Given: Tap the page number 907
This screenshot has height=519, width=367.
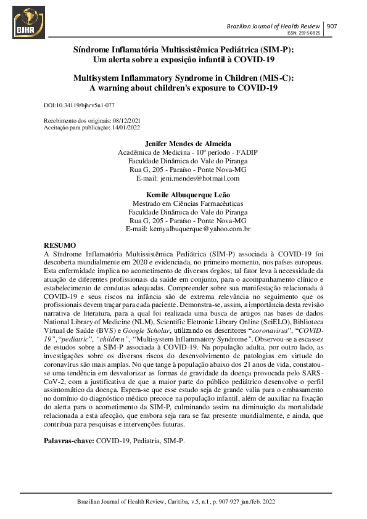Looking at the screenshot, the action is point(331,26).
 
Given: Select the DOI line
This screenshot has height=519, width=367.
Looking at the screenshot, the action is point(80,106).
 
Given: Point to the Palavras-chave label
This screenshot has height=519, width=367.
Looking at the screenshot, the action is point(68,441).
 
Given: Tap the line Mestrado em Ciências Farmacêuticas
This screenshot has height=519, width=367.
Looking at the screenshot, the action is point(188,203).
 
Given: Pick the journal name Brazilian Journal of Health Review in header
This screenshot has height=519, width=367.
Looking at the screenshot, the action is point(273,26).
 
